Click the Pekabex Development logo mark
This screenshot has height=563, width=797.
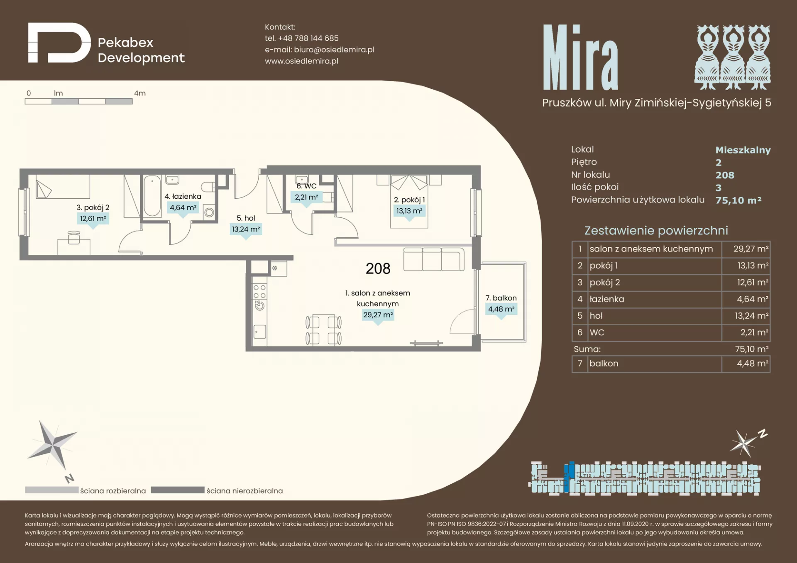click(59, 43)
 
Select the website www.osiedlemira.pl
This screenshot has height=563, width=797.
click(301, 61)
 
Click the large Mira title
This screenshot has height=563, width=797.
click(580, 57)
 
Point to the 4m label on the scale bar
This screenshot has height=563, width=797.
click(140, 93)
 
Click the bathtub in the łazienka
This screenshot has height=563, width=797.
click(152, 196)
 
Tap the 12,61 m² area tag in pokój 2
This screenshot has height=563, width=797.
click(93, 219)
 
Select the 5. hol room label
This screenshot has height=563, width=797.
click(246, 218)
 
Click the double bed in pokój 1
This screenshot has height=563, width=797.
click(409, 201)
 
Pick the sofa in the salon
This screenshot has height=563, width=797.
click(434, 259)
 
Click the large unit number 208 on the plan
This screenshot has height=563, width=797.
click(378, 269)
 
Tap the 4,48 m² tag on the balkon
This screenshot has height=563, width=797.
click(501, 309)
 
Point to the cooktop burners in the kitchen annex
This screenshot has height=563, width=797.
click(259, 292)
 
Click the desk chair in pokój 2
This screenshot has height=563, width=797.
click(74, 238)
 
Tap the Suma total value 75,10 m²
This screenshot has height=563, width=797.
click(752, 349)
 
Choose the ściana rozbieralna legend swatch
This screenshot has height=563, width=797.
click(51, 490)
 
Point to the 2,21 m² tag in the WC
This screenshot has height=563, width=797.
click(306, 197)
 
